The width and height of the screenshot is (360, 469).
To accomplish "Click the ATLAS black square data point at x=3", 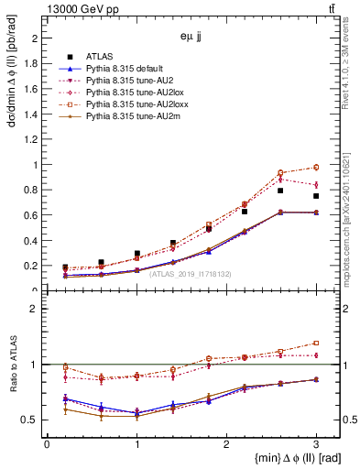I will coord(316,196).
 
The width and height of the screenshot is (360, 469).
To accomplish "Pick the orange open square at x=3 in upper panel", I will coord(316,167).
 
